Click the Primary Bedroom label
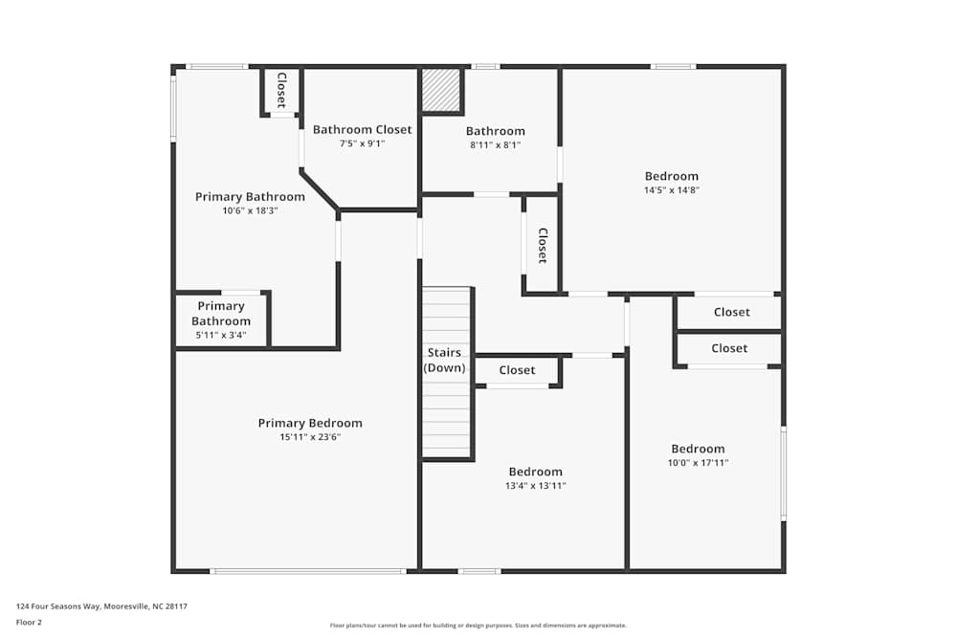(310, 423)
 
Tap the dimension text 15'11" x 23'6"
(310, 437)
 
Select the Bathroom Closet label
(362, 129)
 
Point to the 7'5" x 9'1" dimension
(362, 143)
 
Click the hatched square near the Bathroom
(441, 90)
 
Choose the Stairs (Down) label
(444, 360)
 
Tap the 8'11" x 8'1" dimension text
(495, 144)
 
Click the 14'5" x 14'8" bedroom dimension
(672, 189)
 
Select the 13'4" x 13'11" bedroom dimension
(535, 486)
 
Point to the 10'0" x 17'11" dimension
(698, 462)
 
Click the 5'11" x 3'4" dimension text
(221, 335)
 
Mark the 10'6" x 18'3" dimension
(250, 210)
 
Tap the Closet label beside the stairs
(517, 369)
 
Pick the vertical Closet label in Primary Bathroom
(281, 90)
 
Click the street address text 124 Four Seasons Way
(58, 606)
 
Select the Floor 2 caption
(29, 622)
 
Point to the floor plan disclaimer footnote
(478, 626)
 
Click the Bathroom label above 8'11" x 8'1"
(495, 130)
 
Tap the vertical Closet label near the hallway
(543, 245)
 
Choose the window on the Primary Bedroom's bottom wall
(308, 571)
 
